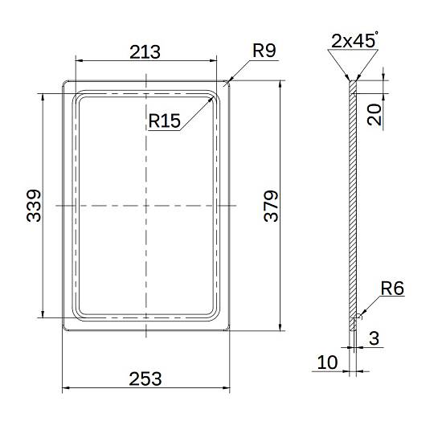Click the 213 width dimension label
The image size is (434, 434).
pyautogui.click(x=145, y=52)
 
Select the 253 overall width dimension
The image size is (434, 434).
pyautogui.click(x=145, y=379)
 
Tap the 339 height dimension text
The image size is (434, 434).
pyautogui.click(x=34, y=206)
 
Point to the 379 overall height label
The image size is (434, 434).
pyautogui.click(x=271, y=206)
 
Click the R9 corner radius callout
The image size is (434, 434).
pyautogui.click(x=264, y=51)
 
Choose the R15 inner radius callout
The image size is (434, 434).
pyautogui.click(x=165, y=121)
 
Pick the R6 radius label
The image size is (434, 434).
pyautogui.click(x=392, y=289)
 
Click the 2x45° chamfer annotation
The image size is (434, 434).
pyautogui.click(x=354, y=40)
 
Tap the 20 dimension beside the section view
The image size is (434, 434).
pyautogui.click(x=375, y=115)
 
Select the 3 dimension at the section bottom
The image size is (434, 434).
pyautogui.click(x=374, y=338)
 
